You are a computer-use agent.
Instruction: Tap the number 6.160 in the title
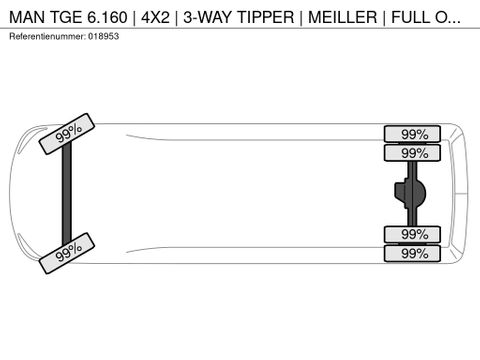(107, 17)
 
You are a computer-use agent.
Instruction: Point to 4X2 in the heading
(155, 17)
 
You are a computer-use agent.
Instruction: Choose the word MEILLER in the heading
(343, 17)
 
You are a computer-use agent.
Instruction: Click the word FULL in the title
(411, 17)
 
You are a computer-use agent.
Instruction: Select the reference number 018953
(103, 36)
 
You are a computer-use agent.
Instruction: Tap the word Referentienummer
(47, 36)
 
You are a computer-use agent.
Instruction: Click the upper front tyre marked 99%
(67, 134)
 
